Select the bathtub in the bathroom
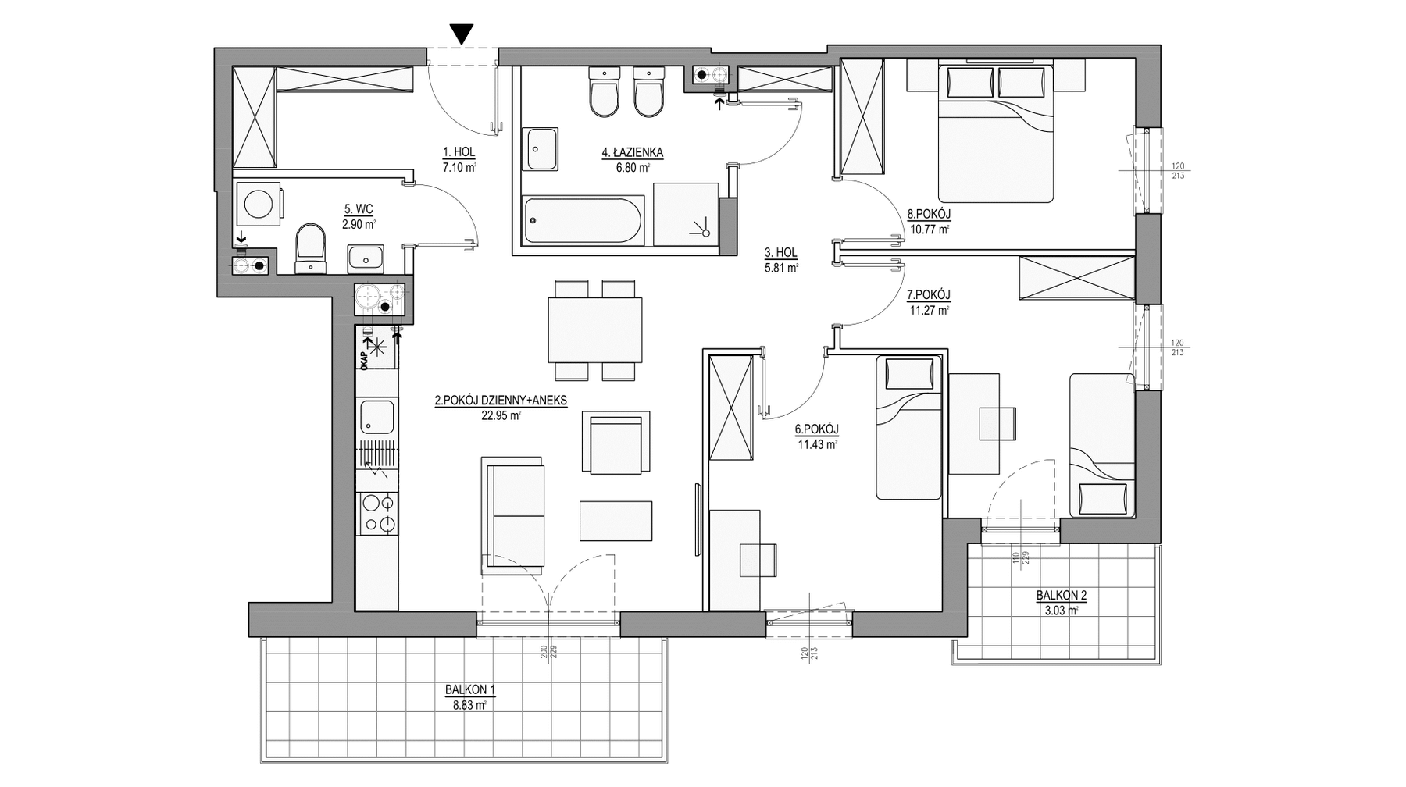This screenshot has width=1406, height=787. pyautogui.click(x=583, y=221)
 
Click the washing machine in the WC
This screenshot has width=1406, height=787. pyautogui.click(x=259, y=204)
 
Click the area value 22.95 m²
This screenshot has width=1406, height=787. pyautogui.click(x=501, y=415)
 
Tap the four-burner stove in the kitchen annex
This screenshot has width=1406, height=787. pyautogui.click(x=377, y=513)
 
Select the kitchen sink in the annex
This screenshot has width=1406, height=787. pyautogui.click(x=377, y=417)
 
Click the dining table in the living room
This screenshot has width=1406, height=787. pyautogui.click(x=595, y=330)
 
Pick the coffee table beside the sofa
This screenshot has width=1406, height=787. pyautogui.click(x=616, y=521)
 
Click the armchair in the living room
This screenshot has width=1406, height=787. pyautogui.click(x=616, y=443)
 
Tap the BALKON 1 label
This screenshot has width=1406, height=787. pyautogui.click(x=470, y=689)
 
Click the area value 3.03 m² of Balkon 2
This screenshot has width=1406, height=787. pyautogui.click(x=1062, y=610)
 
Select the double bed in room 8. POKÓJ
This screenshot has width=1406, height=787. pyautogui.click(x=996, y=134)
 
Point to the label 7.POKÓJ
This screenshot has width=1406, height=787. pyautogui.click(x=928, y=294)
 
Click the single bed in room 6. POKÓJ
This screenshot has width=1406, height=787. pyautogui.click(x=908, y=427)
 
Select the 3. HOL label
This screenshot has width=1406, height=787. pyautogui.click(x=780, y=253)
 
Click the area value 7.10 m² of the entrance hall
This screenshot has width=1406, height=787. pyautogui.click(x=459, y=166)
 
